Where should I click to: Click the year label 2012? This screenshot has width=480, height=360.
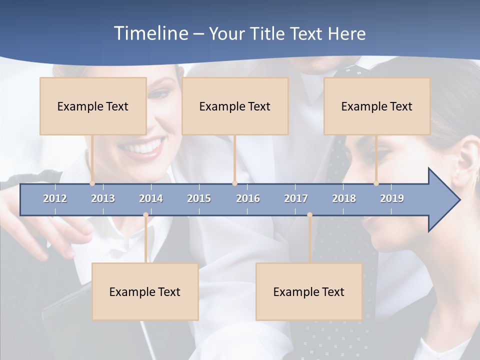click(55, 198)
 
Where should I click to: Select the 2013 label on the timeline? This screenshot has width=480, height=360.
click(103, 198)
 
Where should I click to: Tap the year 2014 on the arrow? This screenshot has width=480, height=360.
click(151, 198)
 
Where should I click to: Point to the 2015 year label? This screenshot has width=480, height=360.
click(199, 198)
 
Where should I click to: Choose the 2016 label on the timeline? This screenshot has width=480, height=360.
click(248, 198)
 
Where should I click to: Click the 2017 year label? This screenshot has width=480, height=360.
click(296, 198)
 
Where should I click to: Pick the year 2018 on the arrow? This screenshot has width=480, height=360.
click(344, 198)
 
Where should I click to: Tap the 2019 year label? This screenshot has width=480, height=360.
click(392, 198)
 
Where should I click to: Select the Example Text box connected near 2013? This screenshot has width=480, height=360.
click(93, 106)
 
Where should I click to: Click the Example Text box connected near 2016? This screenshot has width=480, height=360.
click(235, 106)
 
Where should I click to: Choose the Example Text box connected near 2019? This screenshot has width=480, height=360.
click(377, 106)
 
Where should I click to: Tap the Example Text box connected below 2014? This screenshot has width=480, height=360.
click(145, 291)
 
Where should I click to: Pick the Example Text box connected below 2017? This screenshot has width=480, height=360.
click(309, 291)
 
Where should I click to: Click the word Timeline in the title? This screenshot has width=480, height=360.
click(150, 33)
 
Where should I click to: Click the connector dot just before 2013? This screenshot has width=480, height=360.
click(92, 183)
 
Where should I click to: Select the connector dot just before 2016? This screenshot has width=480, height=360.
click(234, 183)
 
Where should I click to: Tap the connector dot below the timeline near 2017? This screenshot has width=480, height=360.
click(309, 215)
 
